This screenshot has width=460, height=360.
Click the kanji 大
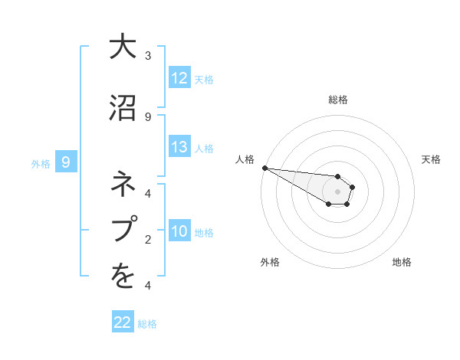tap(123, 47)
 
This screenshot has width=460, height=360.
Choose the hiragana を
tap(123, 277)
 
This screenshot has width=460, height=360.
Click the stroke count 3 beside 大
tap(148, 56)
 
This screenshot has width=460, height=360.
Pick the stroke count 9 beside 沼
tap(148, 116)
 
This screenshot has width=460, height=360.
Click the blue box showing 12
tap(179, 78)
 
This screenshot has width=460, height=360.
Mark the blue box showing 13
tap(179, 147)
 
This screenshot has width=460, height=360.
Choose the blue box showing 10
tap(179, 231)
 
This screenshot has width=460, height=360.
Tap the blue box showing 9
tap(66, 162)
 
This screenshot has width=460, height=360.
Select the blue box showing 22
tap(123, 322)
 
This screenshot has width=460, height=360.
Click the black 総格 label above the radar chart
tap(338, 100)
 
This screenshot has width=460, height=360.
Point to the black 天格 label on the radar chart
tap(432, 159)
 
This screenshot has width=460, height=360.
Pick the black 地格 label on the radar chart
tap(402, 262)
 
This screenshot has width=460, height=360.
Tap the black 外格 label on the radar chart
tap(270, 262)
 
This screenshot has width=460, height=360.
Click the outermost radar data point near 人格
tap(264, 168)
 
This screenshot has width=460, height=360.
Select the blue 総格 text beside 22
tap(147, 324)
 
